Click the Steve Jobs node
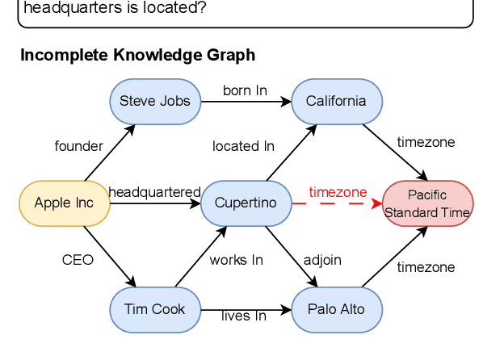coord(154,101)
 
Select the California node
coord(336,101)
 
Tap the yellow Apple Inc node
coord(64,203)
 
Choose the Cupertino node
coord(246,203)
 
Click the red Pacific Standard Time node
coord(427,203)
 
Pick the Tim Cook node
coord(154,309)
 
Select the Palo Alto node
coord(336,309)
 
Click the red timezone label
coord(338,192)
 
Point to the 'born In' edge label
coord(245,90)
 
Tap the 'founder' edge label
coord(78,146)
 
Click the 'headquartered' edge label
coord(154,192)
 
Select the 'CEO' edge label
coord(78,260)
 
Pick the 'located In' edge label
coord(243,146)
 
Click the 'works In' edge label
coord(236,260)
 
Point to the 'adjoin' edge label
coord(322,260)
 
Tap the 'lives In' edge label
coord(243,316)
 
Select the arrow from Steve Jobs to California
coord(245,102)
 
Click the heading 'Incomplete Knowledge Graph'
coord(137,55)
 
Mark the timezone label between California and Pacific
coord(426,142)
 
